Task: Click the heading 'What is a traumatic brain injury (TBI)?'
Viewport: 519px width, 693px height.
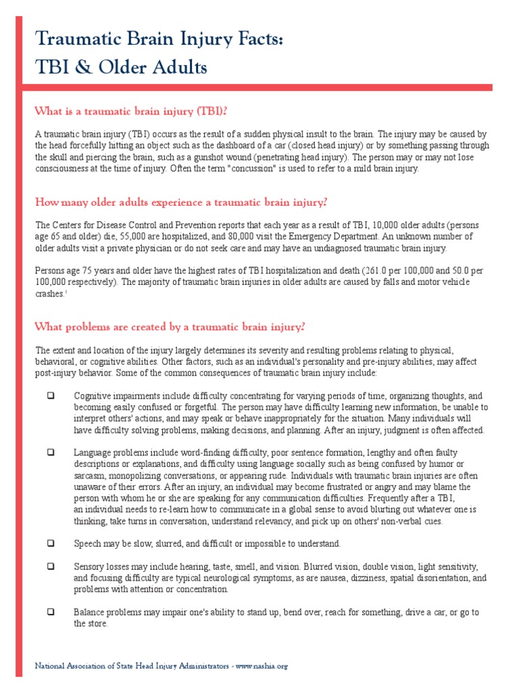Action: pyautogui.click(x=136, y=111)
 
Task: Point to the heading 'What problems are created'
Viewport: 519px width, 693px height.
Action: pyautogui.click(x=170, y=327)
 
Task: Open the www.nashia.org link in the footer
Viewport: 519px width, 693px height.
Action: pyautogui.click(x=263, y=666)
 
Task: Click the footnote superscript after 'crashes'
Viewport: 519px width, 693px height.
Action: pyautogui.click(x=65, y=292)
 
